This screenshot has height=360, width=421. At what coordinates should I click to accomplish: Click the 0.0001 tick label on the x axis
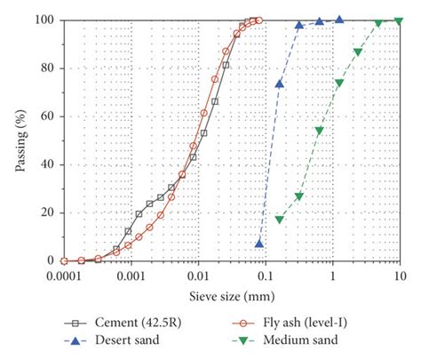[64, 276]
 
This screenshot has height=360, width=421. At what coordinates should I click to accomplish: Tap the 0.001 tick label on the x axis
[131, 276]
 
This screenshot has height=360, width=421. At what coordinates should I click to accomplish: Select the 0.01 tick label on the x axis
[199, 276]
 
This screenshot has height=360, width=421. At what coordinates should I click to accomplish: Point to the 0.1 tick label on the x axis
[266, 276]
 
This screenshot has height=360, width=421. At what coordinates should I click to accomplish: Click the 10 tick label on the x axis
[400, 276]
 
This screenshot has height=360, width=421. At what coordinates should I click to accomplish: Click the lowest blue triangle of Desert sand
[259, 243]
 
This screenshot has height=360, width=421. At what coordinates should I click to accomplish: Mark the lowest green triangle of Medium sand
[280, 219]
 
